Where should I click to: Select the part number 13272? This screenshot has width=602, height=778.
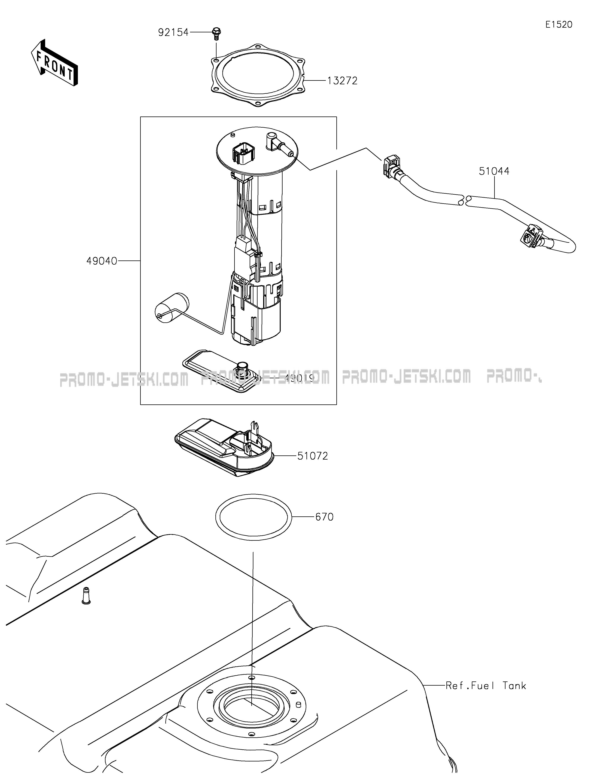342,81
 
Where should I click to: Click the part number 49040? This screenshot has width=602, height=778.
102,261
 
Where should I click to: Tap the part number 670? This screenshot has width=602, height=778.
324,517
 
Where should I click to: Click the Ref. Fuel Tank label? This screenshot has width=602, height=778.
486,686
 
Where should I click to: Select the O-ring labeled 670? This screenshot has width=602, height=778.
253,517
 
